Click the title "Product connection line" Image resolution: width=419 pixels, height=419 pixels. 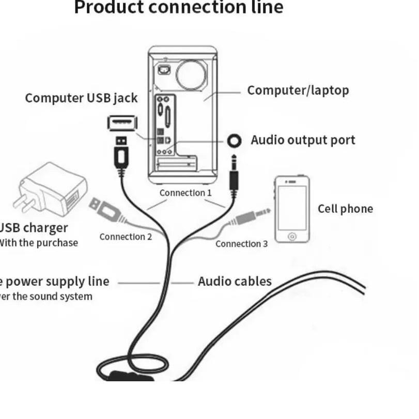click(179, 8)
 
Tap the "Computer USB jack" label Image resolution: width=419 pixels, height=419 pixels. click(81, 98)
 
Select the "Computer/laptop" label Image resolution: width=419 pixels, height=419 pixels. click(298, 90)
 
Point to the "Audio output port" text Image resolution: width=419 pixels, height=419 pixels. click(303, 140)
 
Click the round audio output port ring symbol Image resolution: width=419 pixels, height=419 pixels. click(235, 141)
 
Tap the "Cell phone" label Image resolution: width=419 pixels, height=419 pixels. click(345, 209)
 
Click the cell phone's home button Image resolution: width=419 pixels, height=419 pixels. click(292, 236)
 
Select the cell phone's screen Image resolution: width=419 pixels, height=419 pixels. click(292, 207)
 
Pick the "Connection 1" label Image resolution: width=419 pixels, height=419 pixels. click(185, 193)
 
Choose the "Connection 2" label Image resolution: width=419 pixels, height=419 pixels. click(126, 237)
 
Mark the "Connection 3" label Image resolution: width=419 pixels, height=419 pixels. click(241, 244)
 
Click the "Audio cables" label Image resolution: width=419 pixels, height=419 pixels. click(235, 282)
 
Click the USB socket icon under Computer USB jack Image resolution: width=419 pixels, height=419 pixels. click(122, 123)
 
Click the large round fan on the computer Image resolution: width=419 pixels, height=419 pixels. click(191, 74)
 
